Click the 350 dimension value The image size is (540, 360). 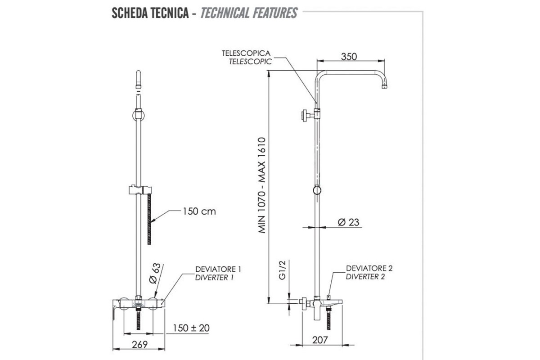349,57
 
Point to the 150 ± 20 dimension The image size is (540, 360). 191,328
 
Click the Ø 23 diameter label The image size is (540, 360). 348,222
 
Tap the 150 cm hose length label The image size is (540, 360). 199,211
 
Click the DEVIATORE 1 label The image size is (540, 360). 218,270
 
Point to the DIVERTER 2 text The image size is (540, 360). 365,277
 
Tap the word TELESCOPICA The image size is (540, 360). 246,53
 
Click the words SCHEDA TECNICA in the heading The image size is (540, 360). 150,13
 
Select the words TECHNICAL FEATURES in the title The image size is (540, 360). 249,13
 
